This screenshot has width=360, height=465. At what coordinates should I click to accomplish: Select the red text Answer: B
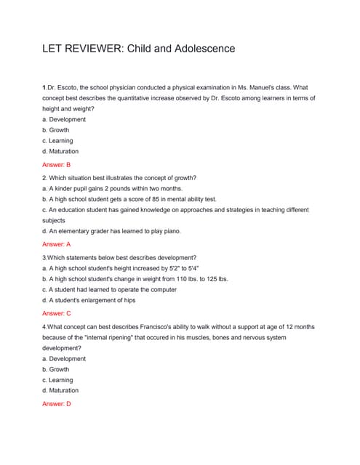(56, 165)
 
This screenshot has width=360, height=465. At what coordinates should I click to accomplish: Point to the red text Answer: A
(56, 245)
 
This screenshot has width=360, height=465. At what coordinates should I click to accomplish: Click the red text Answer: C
(56, 313)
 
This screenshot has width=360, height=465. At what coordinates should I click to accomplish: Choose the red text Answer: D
(56, 403)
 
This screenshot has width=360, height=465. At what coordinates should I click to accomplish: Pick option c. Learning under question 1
(57, 140)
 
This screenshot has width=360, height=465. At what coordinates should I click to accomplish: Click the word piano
(163, 231)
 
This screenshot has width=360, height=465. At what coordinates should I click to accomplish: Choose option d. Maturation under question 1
(60, 151)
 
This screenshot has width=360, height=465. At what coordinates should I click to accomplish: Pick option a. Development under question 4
(64, 358)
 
